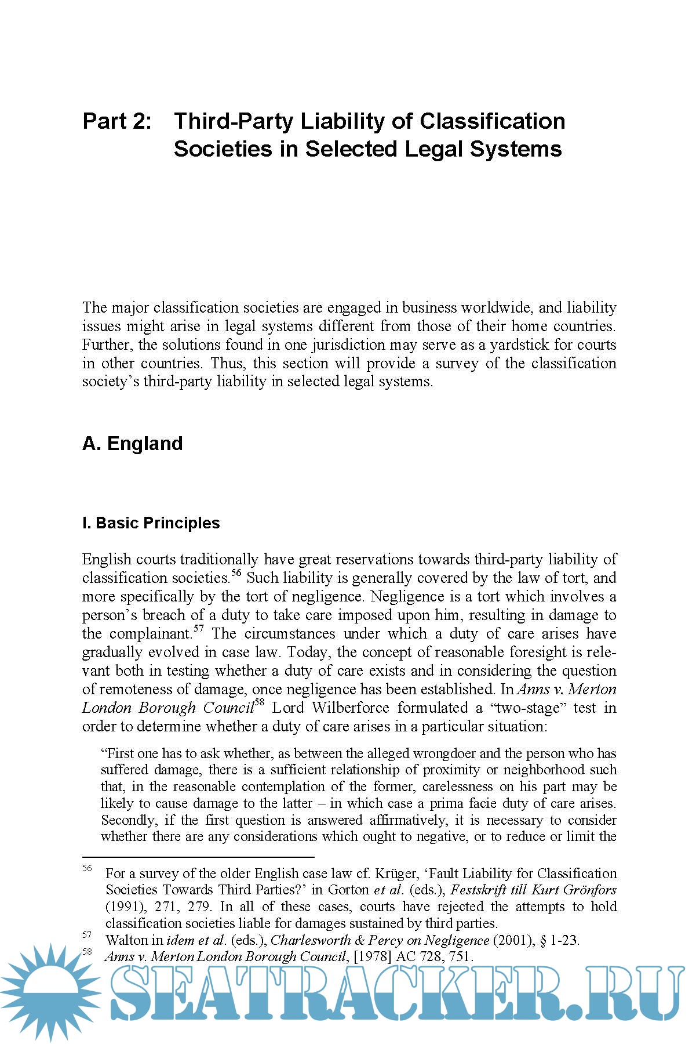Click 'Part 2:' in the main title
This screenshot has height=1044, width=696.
[x=117, y=121]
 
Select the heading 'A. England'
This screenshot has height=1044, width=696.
[x=132, y=444]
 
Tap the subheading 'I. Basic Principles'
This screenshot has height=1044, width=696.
[x=151, y=523]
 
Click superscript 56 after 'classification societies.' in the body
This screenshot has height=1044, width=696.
[x=236, y=574]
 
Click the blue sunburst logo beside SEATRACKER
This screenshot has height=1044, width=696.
[x=51, y=993]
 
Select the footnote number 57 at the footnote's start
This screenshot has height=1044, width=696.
[x=88, y=935]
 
